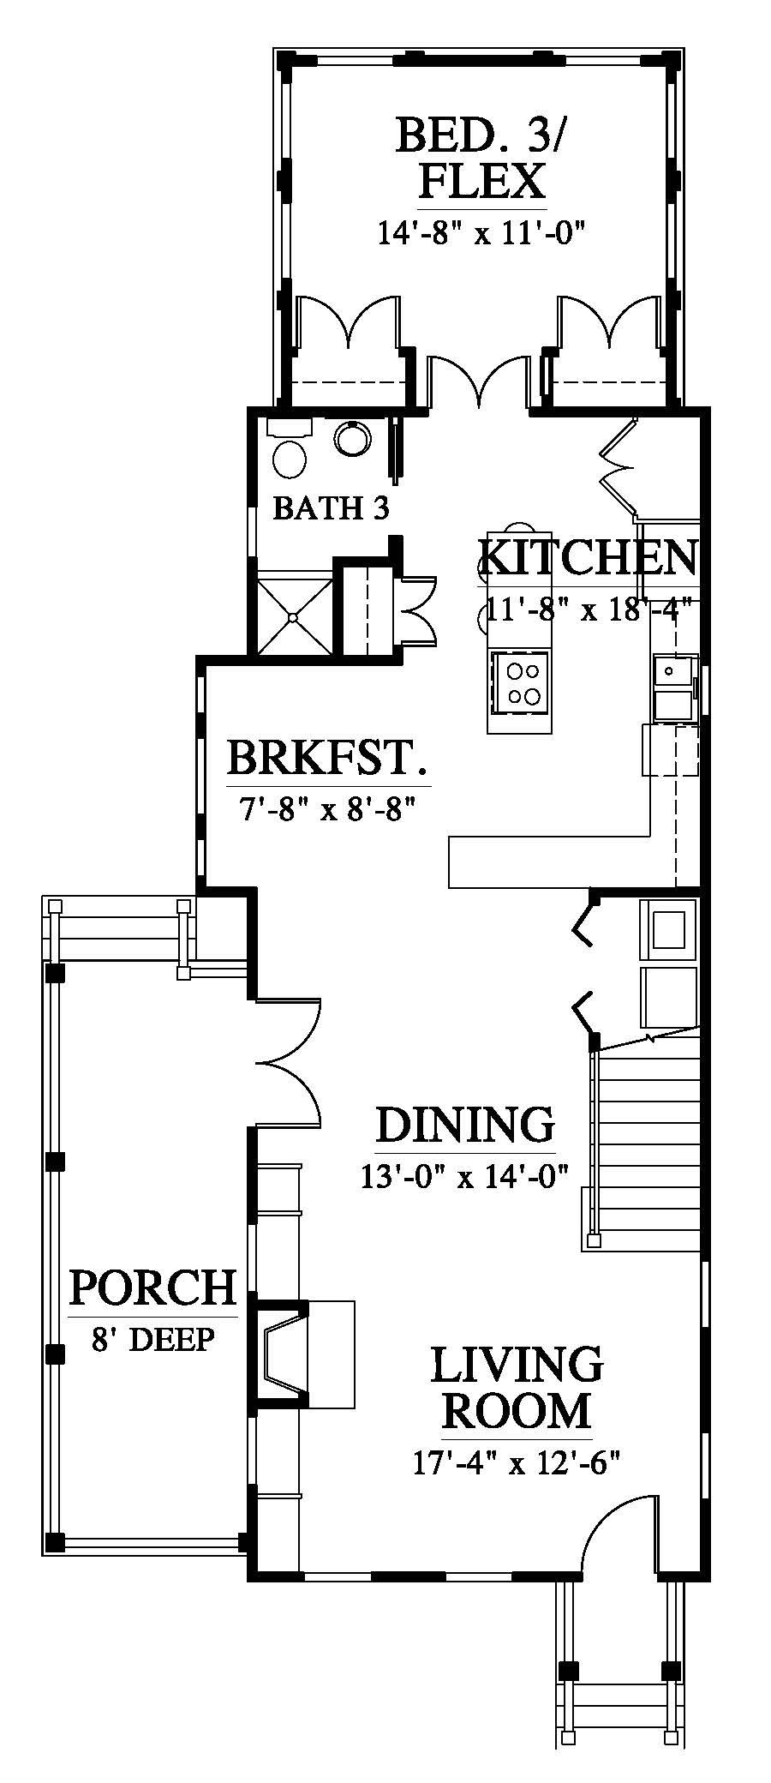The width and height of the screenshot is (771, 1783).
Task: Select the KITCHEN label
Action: tap(587, 558)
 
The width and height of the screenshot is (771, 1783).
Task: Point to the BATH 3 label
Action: tap(331, 508)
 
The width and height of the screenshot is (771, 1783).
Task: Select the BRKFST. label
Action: tap(328, 759)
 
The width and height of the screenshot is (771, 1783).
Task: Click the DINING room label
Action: tap(465, 1125)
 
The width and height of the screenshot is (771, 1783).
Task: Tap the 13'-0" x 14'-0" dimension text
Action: tap(465, 1175)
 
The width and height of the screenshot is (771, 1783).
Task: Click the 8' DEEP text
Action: tap(152, 1337)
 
